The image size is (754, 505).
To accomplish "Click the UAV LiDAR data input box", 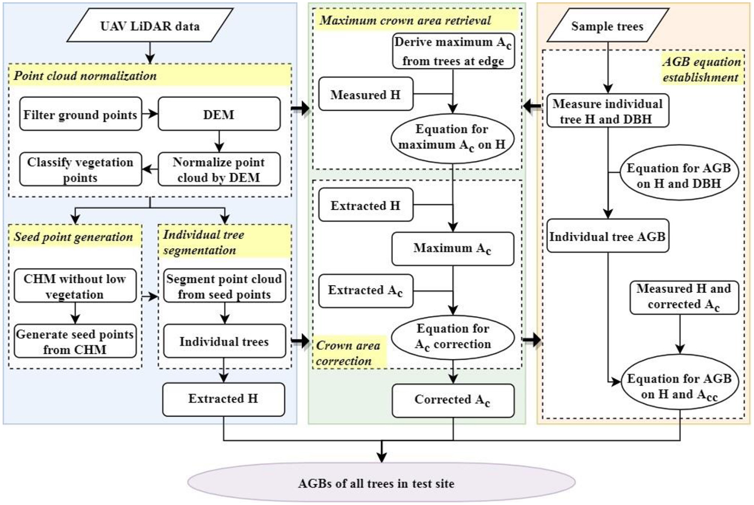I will [x=150, y=26].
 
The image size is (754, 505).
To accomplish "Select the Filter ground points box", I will [x=80, y=114].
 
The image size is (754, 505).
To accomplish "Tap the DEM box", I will [x=219, y=114].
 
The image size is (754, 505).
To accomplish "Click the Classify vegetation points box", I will [x=80, y=169].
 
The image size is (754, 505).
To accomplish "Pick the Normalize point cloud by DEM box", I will [x=219, y=169].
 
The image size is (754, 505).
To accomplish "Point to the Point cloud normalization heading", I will [x=85, y=76].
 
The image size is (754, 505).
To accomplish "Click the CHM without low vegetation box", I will [x=75, y=286].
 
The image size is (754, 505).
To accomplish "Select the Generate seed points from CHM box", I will [x=75, y=342].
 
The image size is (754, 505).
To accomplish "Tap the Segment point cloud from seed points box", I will [x=224, y=286].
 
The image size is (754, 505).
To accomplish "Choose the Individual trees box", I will [x=224, y=341].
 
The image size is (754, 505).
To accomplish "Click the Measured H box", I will [x=366, y=94].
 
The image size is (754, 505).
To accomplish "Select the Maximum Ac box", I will [x=452, y=248].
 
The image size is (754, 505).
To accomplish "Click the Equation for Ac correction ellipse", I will [x=453, y=337].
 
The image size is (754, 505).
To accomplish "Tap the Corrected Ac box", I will [x=453, y=400].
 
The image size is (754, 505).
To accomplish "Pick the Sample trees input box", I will [x=607, y=26].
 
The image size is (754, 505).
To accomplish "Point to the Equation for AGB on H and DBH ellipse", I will [x=679, y=175].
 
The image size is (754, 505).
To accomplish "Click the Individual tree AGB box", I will [x=607, y=236].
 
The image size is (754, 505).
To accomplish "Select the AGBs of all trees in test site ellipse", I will [x=381, y=483].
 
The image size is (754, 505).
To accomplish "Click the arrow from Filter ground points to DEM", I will [x=150, y=114].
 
